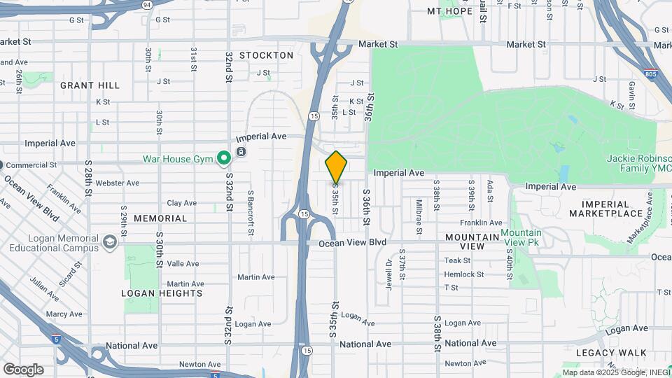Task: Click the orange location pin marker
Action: click(x=336, y=167)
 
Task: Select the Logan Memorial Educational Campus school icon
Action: click(x=109, y=242)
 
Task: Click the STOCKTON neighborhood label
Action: click(x=266, y=55)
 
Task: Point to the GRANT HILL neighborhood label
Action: click(x=90, y=85)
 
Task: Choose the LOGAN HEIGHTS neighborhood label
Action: click(x=162, y=293)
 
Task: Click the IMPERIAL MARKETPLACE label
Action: click(x=605, y=209)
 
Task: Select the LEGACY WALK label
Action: click(x=605, y=353)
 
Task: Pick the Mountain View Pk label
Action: click(x=520, y=237)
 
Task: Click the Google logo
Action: click(x=23, y=370)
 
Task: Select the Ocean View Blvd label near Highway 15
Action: click(x=352, y=243)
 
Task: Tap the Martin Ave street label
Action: click(x=255, y=277)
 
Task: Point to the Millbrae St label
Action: click(x=419, y=217)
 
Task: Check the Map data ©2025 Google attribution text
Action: click(x=616, y=372)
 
